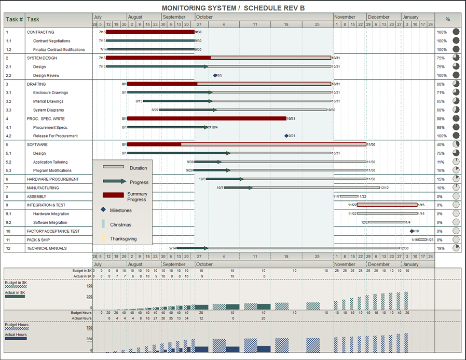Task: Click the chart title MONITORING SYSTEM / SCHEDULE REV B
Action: [x=233, y=8]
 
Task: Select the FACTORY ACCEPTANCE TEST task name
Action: [x=53, y=231]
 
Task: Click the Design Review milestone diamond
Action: [x=215, y=75]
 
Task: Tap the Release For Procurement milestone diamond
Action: [x=286, y=136]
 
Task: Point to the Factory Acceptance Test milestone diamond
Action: [x=412, y=231]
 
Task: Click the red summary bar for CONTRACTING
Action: [x=150, y=32]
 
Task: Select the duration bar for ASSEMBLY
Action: [x=349, y=196]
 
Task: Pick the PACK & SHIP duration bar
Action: [x=422, y=240]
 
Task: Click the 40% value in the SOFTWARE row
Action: [x=441, y=145]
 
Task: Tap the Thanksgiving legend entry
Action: [x=123, y=239]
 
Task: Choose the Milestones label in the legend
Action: [x=120, y=210]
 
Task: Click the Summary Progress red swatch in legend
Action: [x=113, y=195]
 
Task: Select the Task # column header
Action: [x=14, y=20]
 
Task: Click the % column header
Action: [x=447, y=20]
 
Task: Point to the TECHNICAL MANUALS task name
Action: [x=47, y=249]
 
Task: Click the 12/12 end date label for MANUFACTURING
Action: [x=384, y=188]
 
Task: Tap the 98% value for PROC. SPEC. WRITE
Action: [x=441, y=119]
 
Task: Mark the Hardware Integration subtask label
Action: [x=52, y=214]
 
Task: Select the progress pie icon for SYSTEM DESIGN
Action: [x=456, y=58]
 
